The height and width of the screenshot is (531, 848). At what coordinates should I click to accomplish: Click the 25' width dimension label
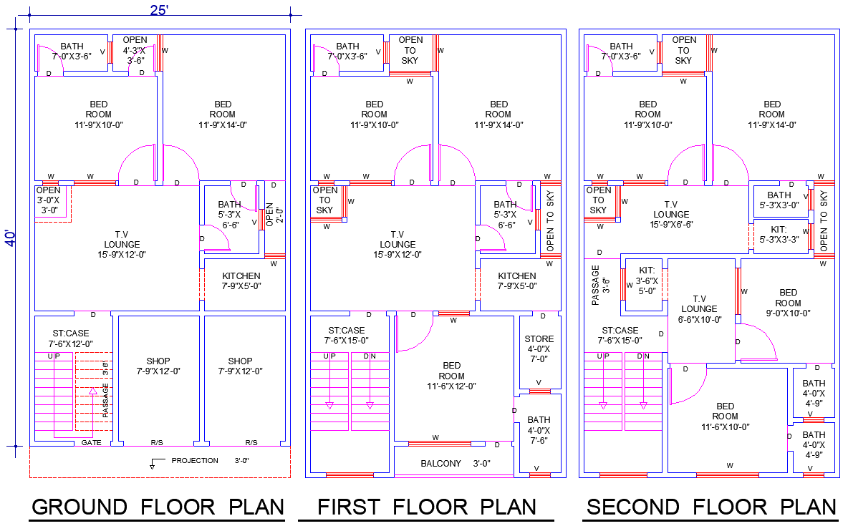159,10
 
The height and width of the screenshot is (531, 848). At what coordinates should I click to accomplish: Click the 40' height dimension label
11,238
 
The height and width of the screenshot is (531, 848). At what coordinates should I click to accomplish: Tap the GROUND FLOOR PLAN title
158,507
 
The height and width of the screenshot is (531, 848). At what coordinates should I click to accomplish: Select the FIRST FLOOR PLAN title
427,507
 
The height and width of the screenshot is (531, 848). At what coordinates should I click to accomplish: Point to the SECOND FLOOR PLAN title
711,507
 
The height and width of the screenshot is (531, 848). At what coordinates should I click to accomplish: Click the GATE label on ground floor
91,443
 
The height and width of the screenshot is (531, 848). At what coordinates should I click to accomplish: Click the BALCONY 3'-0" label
455,464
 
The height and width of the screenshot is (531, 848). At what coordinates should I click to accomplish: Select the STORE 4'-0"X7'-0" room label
539,349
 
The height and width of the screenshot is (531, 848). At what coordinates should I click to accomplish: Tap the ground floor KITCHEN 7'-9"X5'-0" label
241,281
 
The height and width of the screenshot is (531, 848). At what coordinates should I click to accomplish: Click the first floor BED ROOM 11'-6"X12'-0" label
451,376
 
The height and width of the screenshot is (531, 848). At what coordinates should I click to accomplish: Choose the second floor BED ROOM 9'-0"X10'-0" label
788,303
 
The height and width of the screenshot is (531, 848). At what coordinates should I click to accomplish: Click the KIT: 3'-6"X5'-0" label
647,281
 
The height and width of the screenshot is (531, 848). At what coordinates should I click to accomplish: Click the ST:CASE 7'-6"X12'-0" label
71,338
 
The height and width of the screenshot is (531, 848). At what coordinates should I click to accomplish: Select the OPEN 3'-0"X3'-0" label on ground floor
49,200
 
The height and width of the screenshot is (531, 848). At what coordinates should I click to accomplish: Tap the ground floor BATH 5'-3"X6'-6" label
229,215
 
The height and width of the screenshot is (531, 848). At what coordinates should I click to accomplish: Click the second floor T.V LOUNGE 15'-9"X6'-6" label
671,214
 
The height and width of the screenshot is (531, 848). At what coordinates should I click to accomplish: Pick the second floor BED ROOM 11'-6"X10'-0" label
725,416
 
